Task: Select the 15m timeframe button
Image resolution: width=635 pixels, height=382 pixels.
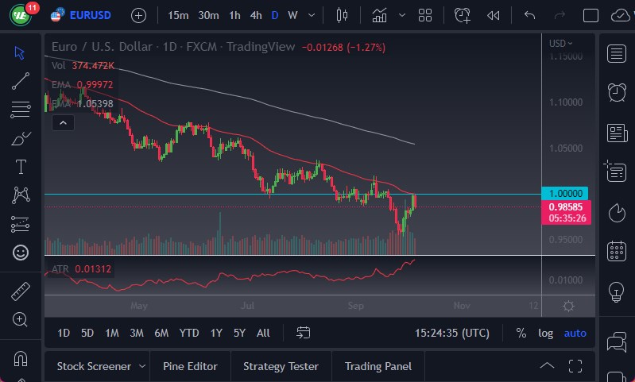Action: click(x=178, y=15)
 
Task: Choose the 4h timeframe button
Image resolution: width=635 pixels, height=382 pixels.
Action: click(x=255, y=15)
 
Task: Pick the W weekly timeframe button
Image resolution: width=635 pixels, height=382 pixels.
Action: click(x=292, y=15)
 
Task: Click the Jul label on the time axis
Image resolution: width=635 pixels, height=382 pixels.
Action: click(x=248, y=305)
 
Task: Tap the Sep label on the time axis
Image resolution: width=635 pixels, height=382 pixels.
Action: click(x=355, y=305)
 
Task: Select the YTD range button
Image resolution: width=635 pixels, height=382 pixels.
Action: click(x=189, y=333)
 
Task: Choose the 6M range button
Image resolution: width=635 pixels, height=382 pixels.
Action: click(x=161, y=333)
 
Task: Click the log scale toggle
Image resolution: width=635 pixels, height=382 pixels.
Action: click(x=545, y=333)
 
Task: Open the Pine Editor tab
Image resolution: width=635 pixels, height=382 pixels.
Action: click(x=190, y=366)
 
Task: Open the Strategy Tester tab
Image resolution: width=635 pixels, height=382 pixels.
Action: click(x=281, y=366)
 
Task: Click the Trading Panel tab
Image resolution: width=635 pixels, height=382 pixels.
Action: click(x=378, y=366)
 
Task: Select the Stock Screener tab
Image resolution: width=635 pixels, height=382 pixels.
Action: click(x=94, y=366)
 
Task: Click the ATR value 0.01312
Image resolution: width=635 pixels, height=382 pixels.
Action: click(x=93, y=269)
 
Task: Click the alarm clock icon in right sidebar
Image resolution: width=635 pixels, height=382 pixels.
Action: click(x=616, y=92)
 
